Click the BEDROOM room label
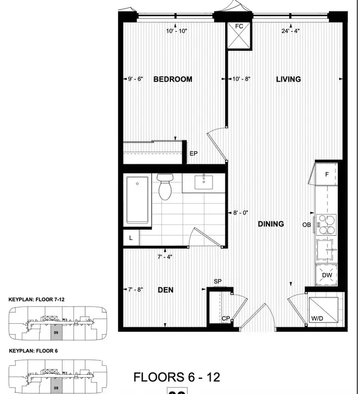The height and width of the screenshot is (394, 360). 172,79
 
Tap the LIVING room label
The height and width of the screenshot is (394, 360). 288,79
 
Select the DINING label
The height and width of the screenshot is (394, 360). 271,224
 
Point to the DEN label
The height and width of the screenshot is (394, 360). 166,290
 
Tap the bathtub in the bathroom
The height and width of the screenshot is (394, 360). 137,201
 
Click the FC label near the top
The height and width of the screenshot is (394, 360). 239,26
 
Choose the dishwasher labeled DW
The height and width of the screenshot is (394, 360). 327,275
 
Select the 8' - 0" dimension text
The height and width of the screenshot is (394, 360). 241,212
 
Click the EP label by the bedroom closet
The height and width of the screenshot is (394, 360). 194,154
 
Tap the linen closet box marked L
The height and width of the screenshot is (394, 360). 131,238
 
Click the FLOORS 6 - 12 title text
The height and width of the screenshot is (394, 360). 176,377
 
